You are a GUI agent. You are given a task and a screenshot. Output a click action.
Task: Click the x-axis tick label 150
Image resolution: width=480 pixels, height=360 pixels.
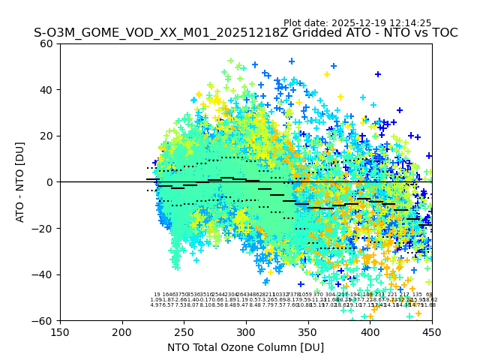60,331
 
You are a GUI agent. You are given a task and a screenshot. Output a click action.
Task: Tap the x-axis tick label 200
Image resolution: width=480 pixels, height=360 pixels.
122,331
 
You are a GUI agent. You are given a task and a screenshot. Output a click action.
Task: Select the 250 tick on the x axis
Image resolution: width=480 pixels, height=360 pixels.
184,331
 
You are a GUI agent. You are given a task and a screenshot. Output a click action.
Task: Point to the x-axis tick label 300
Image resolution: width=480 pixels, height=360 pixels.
246,331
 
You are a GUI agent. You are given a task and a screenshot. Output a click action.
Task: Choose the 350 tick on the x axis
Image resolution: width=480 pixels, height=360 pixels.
308,331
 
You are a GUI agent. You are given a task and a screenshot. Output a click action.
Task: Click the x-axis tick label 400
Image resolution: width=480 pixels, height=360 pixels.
370,331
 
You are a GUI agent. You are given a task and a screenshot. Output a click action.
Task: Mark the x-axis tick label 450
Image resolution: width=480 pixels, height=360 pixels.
432,331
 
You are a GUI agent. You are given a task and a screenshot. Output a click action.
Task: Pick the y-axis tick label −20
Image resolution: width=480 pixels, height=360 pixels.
45,228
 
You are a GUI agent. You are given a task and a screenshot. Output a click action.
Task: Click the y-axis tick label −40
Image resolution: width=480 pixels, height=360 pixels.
45,274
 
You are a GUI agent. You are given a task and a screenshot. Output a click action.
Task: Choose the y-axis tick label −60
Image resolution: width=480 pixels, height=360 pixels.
45,320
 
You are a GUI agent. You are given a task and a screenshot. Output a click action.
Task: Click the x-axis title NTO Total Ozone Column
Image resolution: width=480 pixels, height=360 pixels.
246,347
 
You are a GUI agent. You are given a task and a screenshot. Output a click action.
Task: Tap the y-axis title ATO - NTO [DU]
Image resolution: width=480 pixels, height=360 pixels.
21,182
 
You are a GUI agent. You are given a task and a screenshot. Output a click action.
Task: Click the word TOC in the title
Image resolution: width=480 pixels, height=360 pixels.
443,33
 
